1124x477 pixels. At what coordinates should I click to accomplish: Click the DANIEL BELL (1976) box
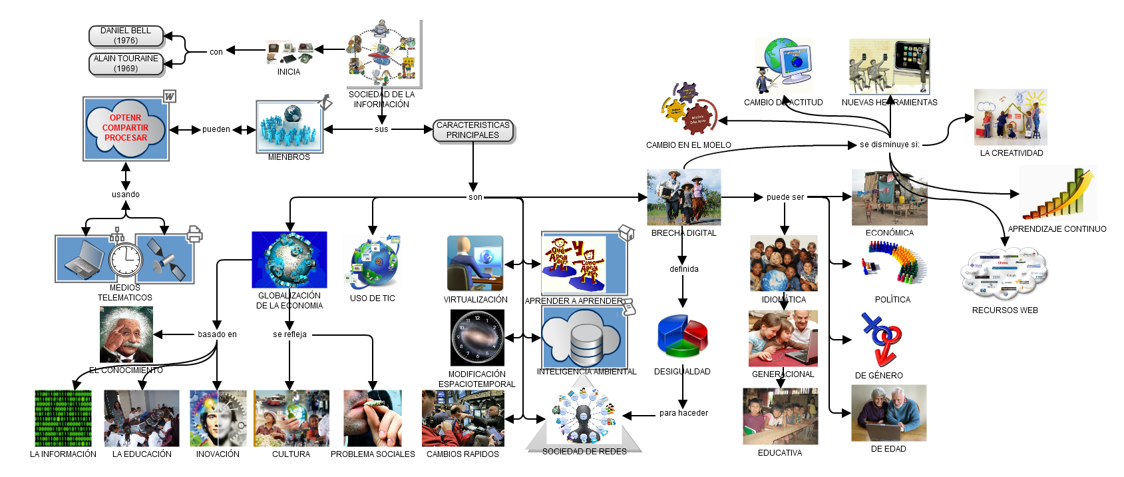(126, 36)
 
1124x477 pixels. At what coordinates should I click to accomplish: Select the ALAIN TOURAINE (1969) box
(126, 64)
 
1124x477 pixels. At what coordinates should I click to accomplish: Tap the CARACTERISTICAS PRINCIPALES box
(472, 131)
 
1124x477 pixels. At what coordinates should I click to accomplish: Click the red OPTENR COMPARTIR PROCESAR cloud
(126, 128)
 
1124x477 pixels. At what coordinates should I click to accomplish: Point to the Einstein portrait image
(126, 334)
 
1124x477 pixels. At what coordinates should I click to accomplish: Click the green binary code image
(63, 418)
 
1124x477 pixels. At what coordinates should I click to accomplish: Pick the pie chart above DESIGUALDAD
(682, 336)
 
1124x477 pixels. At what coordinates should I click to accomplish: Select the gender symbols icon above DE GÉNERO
(881, 340)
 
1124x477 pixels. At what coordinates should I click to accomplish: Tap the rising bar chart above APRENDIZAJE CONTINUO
(1059, 195)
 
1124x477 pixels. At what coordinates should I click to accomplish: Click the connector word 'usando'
(126, 195)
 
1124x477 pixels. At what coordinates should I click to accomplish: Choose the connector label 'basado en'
(217, 334)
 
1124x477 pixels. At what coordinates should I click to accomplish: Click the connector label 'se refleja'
(289, 334)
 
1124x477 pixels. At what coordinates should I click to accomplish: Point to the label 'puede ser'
(785, 197)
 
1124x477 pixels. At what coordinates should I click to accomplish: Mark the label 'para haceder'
(683, 413)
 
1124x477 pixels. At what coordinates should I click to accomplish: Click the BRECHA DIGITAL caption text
(683, 233)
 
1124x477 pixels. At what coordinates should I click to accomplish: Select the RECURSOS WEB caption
(1005, 310)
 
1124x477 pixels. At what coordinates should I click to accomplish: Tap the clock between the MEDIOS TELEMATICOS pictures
(126, 260)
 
